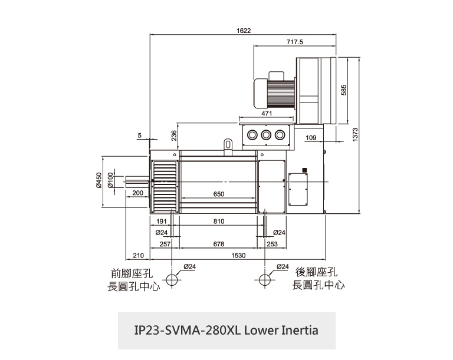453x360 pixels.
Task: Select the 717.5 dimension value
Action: (x=295, y=42)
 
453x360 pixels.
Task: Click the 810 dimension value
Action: (x=219, y=221)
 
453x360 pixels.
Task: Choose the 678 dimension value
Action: (x=218, y=243)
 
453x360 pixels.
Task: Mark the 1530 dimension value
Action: (x=238, y=255)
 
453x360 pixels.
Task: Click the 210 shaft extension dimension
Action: (x=138, y=255)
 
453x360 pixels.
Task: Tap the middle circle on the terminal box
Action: (x=265, y=136)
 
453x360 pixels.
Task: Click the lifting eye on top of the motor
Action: (x=228, y=143)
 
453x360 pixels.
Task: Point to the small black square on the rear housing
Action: (x=304, y=170)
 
